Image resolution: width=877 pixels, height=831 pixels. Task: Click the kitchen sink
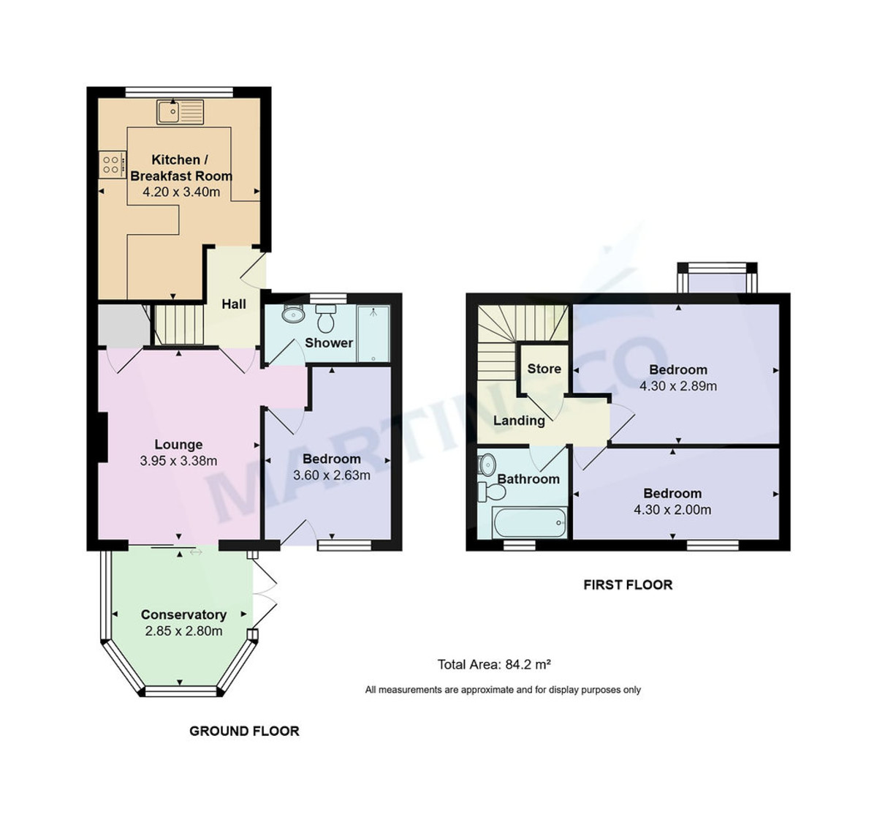180,112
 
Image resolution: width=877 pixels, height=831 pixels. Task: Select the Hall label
234,304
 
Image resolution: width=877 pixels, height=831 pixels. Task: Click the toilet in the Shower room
326,319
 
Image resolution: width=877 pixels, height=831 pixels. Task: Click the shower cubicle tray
373,334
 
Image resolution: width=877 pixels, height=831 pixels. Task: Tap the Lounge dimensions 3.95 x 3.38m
178,461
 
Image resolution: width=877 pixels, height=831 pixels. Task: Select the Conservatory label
183,614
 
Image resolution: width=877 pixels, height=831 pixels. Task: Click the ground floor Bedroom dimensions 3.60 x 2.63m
332,475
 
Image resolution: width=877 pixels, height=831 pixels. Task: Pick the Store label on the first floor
544,369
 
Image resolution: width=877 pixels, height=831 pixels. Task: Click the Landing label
519,421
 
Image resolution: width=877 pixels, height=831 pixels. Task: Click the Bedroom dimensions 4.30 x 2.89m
678,386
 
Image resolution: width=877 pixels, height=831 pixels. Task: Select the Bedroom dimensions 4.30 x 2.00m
672,510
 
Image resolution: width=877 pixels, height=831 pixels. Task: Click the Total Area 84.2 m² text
494,664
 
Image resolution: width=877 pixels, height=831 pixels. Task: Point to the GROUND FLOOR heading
244,731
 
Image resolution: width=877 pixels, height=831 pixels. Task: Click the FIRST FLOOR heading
628,584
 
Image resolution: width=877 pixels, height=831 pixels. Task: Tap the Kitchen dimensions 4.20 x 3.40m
181,192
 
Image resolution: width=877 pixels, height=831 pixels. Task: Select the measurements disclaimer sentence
503,690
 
